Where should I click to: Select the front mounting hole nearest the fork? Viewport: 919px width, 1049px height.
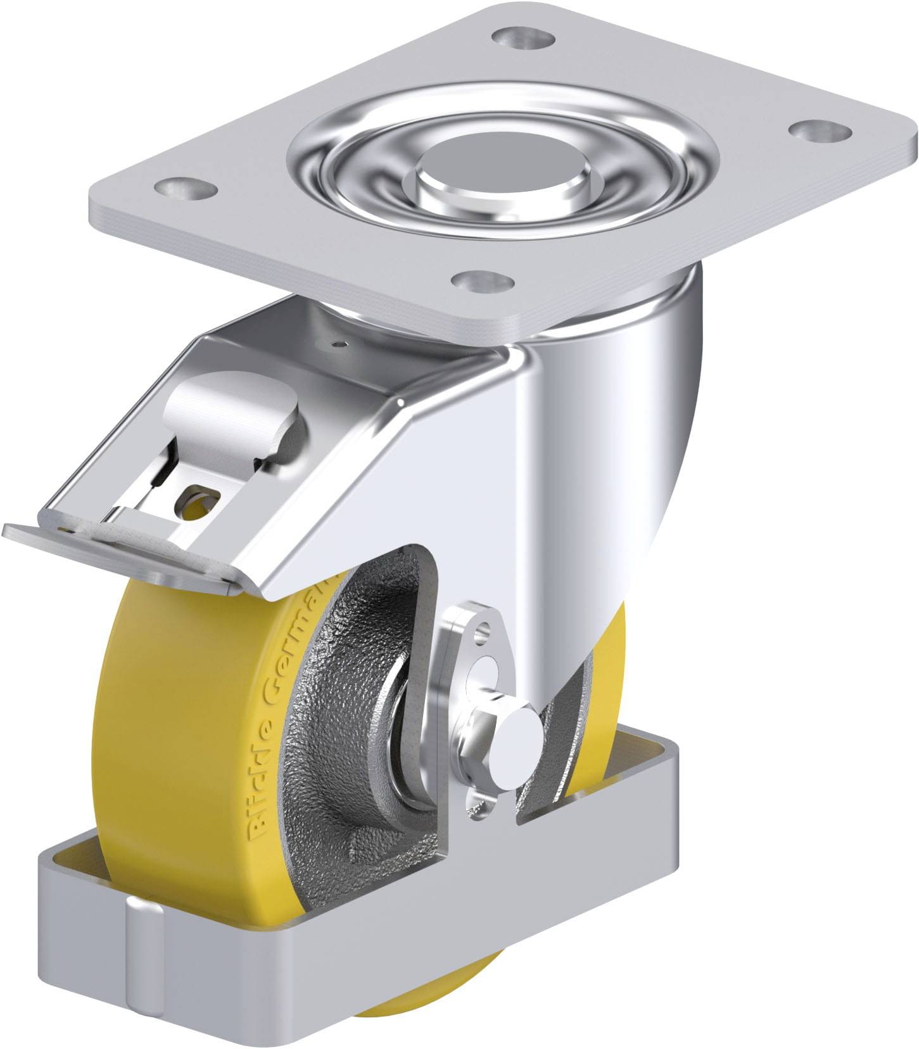pyautogui.click(x=483, y=279)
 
